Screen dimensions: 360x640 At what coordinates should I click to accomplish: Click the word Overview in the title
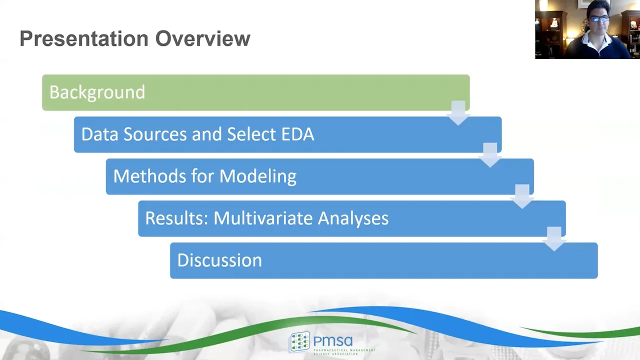pos(202,39)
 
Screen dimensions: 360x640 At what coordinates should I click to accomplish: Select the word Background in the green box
pos(97,92)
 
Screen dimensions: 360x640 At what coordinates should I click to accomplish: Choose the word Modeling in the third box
pos(257,176)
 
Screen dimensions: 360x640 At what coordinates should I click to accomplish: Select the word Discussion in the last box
pos(219,260)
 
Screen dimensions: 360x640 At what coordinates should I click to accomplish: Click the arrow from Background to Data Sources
pos(458,113)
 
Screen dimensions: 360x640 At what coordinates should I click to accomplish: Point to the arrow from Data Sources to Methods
pos(490,155)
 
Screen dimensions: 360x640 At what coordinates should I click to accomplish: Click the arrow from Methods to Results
pos(522,197)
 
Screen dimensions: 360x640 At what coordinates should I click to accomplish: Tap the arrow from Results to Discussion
pos(554,239)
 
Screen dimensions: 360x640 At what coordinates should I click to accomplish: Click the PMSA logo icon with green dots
pos(299,342)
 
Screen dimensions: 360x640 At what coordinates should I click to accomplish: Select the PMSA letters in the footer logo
pos(333,341)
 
